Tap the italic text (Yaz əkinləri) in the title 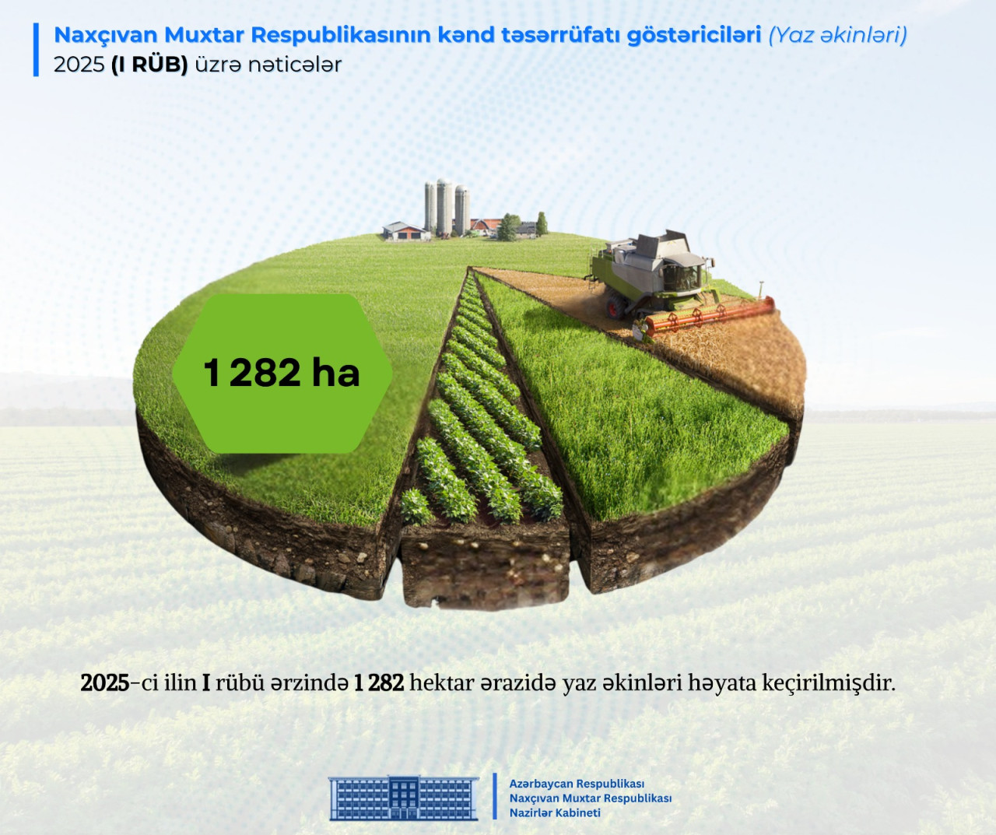coord(837,35)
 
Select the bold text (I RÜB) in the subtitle coord(149,65)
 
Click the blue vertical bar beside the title coord(36,49)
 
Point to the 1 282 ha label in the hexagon coord(282,373)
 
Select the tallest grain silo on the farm coord(444,207)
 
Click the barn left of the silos coord(407,231)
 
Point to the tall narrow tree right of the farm coord(542,224)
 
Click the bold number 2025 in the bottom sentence coord(104,682)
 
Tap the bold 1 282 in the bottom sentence coord(379,682)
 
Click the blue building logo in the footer coord(404,798)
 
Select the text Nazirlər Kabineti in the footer coord(555,813)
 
